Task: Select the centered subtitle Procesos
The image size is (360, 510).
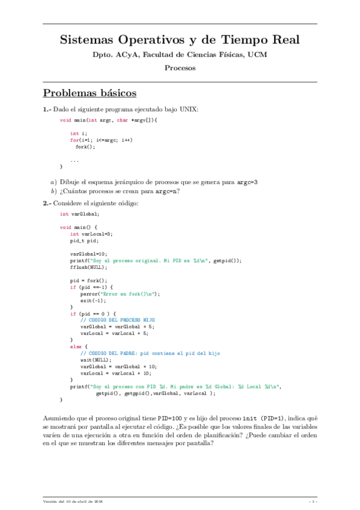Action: point(180,68)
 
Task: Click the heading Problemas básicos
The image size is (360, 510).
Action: point(90,93)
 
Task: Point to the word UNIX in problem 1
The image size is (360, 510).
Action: point(194,109)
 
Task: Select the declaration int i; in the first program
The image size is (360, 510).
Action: point(79,133)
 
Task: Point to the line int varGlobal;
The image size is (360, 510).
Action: point(79,214)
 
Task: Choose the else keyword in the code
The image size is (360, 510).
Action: point(75,346)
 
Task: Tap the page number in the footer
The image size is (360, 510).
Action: point(313,500)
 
